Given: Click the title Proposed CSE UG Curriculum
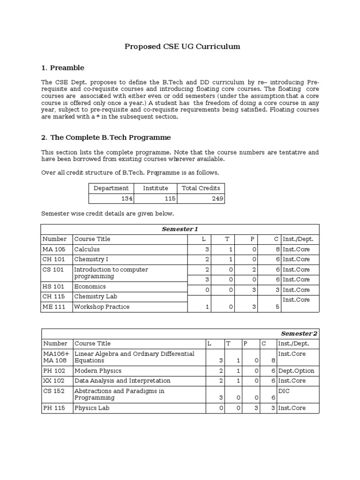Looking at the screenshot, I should pos(182,46).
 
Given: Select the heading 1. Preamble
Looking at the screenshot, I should pos(63,67).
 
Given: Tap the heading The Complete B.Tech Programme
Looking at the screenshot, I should pos(106,137).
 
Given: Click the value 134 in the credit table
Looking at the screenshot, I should pos(127,199).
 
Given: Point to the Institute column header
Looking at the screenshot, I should pos(156,188).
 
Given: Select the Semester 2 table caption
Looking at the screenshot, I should pos(299,333).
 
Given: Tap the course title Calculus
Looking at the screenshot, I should pos(87,249).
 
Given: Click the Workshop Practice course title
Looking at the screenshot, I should pos(102,307).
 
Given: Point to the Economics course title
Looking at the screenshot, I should pos(90,286).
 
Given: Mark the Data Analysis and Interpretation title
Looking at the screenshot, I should pos(122,381).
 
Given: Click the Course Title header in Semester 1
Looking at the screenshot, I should pos(92,239).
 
